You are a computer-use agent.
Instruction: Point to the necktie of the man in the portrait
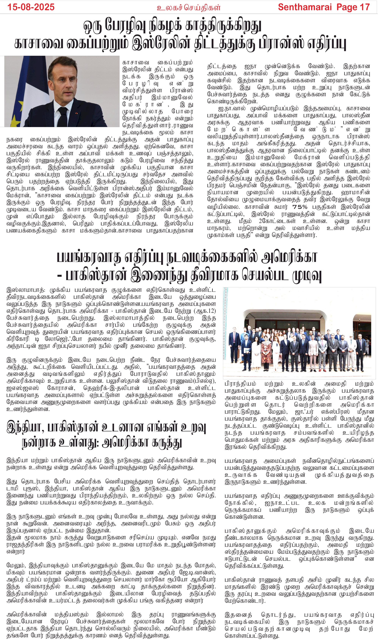pyautogui.click(x=63, y=116)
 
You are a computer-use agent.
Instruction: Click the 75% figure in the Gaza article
pyautogui.click(x=300, y=207)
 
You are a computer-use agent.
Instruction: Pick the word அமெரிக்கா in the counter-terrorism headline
pyautogui.click(x=288, y=257)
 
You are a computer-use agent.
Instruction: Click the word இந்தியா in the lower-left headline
pyautogui.click(x=25, y=427)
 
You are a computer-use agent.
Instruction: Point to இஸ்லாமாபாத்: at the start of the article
pyautogui.click(x=26, y=290)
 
